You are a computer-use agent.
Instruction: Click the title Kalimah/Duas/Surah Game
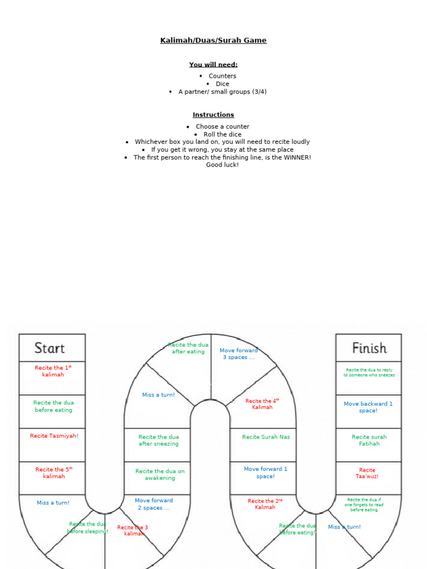coord(213,41)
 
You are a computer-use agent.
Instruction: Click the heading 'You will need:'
coord(213,64)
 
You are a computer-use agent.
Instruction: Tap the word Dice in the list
coord(222,84)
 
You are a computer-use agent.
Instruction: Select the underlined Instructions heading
coord(213,115)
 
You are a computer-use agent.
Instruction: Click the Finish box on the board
coord(369,348)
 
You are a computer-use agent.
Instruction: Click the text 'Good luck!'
coord(222,165)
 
